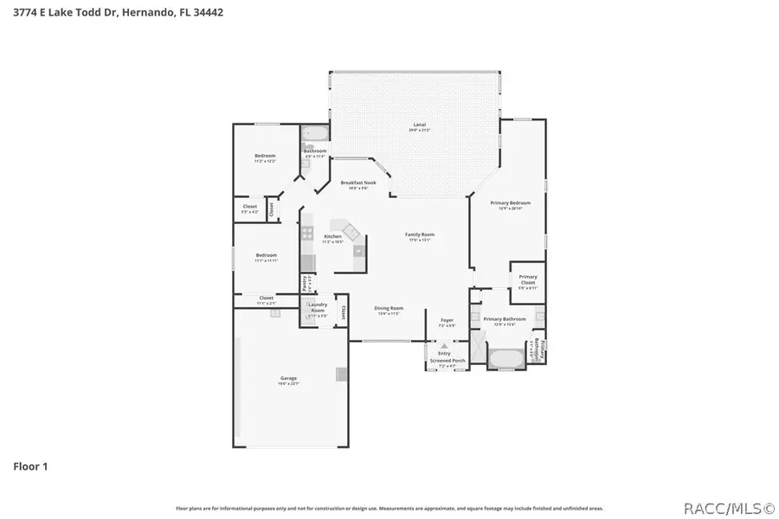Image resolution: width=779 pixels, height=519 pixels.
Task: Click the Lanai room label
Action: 419,125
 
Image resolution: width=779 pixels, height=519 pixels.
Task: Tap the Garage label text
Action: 288,378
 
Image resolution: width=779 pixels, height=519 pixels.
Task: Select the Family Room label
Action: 420,234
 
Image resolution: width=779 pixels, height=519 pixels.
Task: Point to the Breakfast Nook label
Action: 357,183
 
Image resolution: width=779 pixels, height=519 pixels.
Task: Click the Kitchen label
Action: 332,236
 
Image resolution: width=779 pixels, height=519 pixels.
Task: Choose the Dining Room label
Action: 389,308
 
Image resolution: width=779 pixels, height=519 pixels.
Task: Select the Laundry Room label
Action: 317,307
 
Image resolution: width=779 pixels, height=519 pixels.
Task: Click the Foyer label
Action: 447,320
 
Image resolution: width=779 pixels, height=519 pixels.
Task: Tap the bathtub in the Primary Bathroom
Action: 505,357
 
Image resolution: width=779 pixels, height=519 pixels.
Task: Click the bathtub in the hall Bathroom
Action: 314,134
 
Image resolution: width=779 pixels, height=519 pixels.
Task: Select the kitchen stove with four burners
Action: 306,232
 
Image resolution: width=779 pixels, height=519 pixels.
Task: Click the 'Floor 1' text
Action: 30,466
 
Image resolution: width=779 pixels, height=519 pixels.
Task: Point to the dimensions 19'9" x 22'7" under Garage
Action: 288,383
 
